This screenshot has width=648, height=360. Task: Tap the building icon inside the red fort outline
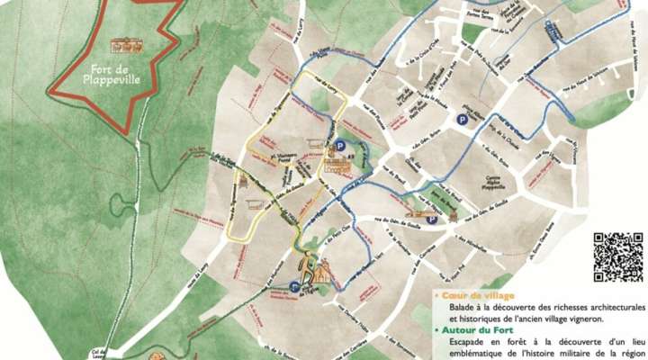click(125, 44)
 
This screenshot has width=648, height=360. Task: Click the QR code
click(618, 256)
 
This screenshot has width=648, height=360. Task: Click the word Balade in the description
click(464, 308)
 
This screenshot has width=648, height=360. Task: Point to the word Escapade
click(471, 342)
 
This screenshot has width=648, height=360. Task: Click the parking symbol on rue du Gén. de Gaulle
click(432, 218)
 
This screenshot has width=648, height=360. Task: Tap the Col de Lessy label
click(97, 354)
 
